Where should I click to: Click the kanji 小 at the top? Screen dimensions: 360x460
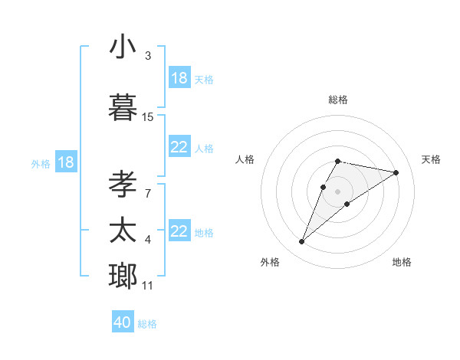click(x=123, y=47)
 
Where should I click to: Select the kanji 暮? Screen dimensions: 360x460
click(x=123, y=108)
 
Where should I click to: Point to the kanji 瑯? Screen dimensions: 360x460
click(x=123, y=275)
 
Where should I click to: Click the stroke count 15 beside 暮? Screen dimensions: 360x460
click(x=148, y=116)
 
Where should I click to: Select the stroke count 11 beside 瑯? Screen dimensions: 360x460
click(x=148, y=286)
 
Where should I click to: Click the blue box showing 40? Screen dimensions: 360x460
click(x=123, y=322)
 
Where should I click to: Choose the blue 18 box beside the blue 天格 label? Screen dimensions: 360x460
click(x=179, y=78)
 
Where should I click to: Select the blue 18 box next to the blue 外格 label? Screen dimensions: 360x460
click(x=65, y=162)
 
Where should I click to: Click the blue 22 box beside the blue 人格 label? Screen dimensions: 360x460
click(x=179, y=148)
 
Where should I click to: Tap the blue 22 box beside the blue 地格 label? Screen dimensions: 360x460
click(x=179, y=232)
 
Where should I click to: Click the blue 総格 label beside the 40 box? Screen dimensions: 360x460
click(x=147, y=324)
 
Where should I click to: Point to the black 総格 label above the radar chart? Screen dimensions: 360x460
click(x=337, y=100)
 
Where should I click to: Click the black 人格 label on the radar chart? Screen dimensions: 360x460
click(x=245, y=159)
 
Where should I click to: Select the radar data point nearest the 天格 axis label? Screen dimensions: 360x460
click(x=396, y=172)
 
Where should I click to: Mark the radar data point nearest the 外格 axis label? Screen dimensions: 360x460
click(x=301, y=242)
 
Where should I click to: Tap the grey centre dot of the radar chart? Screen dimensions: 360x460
click(x=337, y=191)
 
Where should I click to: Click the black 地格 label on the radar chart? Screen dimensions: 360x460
click(x=402, y=262)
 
